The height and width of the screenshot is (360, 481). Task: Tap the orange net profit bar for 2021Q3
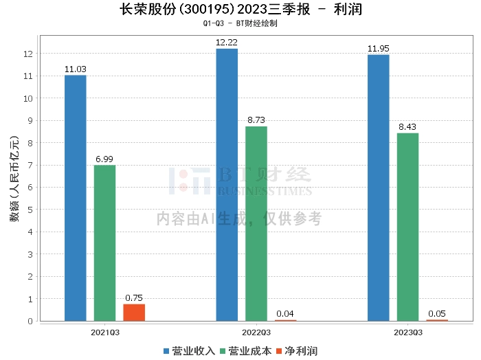click(134, 313)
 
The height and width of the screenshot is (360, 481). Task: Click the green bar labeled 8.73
click(256, 223)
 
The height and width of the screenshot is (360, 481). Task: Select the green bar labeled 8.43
click(407, 227)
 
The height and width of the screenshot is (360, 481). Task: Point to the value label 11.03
click(76, 69)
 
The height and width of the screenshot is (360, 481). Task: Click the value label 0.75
click(134, 297)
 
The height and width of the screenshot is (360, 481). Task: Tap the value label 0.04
click(285, 314)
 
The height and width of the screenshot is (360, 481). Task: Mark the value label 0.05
click(436, 314)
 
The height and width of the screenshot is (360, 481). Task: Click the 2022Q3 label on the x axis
click(256, 332)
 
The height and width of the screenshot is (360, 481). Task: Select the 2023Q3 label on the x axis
click(407, 332)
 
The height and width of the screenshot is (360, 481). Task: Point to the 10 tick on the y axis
click(29, 98)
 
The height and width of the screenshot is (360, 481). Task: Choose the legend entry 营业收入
click(189, 350)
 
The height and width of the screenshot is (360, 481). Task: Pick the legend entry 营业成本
click(249, 350)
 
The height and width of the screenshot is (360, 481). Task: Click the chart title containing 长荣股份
click(240, 10)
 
